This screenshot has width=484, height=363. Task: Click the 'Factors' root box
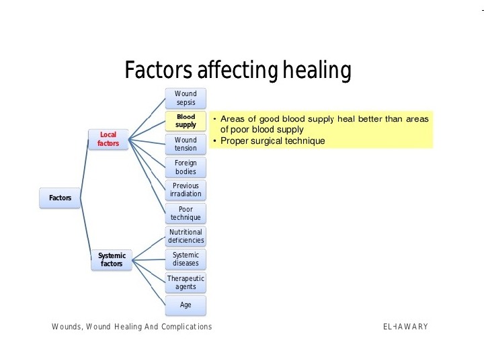click(60, 198)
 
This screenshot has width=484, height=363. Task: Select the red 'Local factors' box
click(108, 139)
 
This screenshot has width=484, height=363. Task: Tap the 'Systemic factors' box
click(112, 259)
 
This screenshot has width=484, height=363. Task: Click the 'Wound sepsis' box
click(186, 98)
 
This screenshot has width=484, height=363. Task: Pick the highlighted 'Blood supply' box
click(186, 121)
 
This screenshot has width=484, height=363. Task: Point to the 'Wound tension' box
click(186, 144)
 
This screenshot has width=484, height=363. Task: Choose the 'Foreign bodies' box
click(186, 167)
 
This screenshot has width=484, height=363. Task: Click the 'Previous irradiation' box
click(186, 190)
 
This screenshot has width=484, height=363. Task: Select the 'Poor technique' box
click(186, 213)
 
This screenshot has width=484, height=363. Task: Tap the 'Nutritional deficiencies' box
click(186, 236)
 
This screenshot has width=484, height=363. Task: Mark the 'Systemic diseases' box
click(186, 259)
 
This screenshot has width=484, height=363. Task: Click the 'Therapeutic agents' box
click(186, 282)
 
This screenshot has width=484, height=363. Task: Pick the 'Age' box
click(186, 305)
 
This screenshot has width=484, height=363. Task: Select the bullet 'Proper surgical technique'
click(272, 141)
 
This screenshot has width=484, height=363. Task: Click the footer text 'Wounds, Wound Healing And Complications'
click(132, 327)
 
